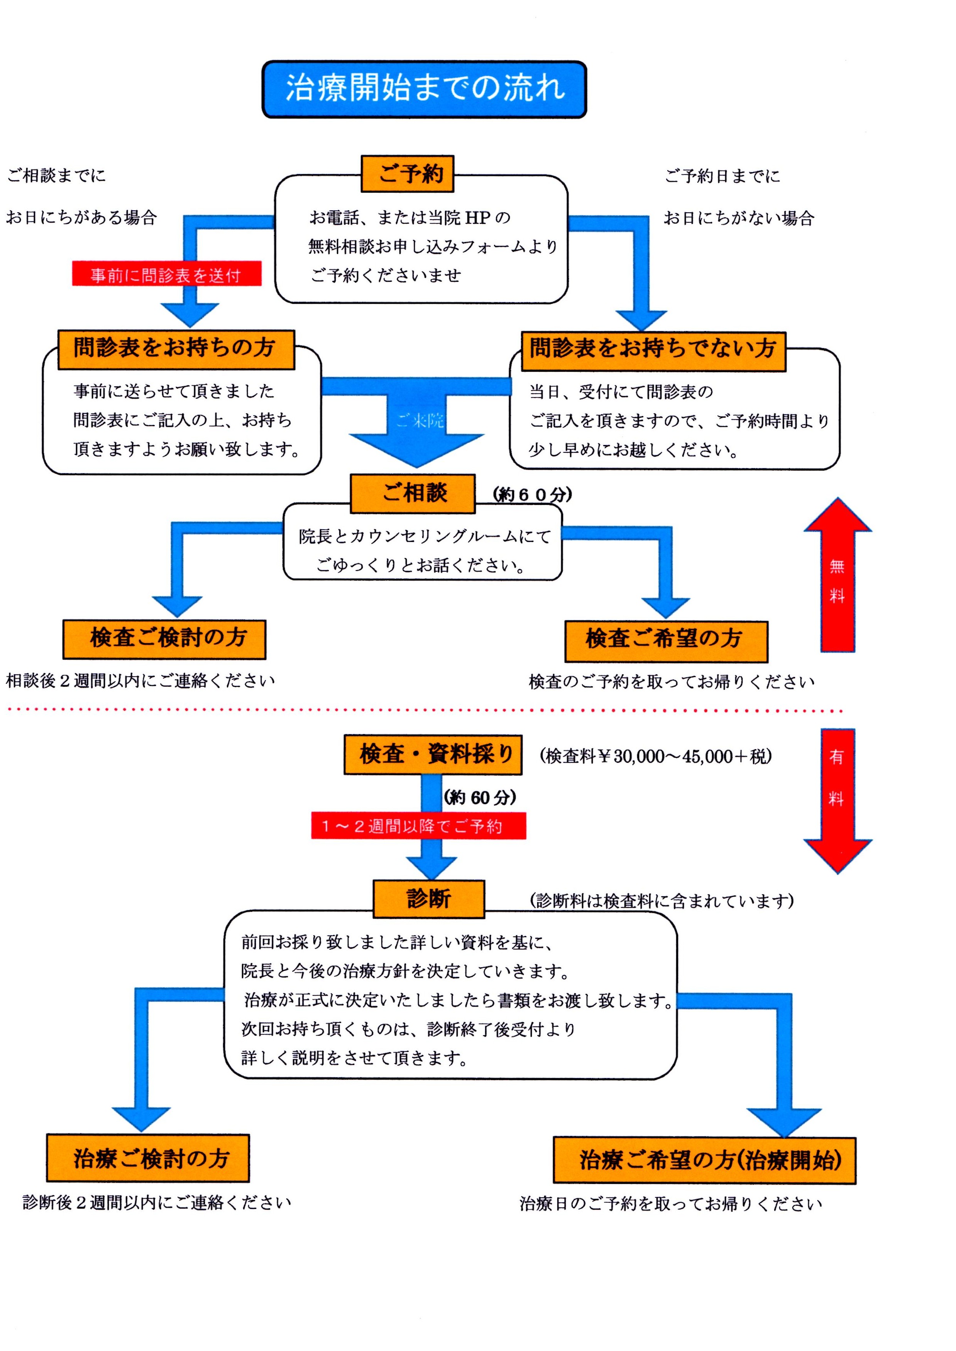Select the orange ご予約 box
point(407,174)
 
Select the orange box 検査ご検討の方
point(164,639)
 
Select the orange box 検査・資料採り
point(433,755)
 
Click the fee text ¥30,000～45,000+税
point(655,757)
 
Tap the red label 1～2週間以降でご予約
point(418,826)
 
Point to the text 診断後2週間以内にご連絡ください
point(157,1202)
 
